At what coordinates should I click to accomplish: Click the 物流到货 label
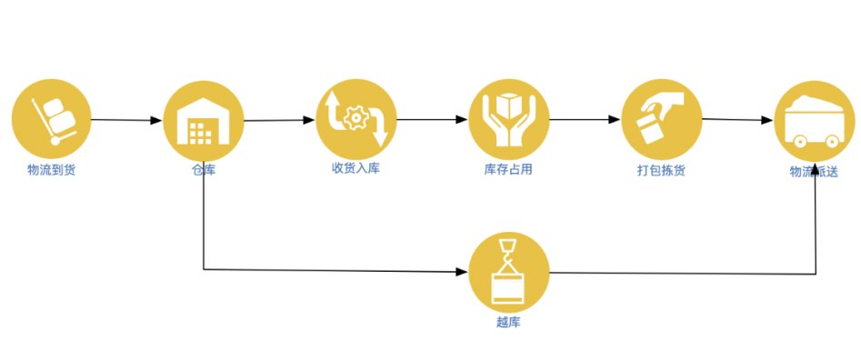[x=51, y=170]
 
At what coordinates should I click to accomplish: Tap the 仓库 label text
[x=204, y=170]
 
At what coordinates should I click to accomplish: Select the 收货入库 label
[x=355, y=168]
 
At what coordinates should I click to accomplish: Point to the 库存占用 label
[x=508, y=170]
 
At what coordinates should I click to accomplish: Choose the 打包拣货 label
[x=661, y=170]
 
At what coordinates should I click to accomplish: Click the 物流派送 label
[x=814, y=170]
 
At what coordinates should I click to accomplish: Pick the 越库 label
[x=508, y=321]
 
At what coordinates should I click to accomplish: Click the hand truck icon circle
[x=52, y=120]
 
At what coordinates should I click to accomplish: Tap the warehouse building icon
[x=204, y=120]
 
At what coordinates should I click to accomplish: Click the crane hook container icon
[x=508, y=272]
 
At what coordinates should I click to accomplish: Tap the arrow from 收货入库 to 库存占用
[x=432, y=119]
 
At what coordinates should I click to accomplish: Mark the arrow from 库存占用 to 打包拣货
[x=585, y=119]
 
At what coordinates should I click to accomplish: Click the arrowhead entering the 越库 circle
[x=462, y=272]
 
